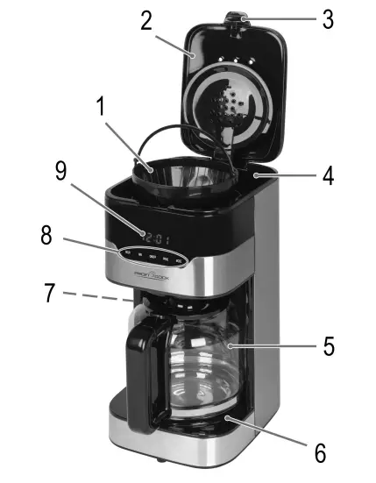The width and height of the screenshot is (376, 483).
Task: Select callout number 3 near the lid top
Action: click(x=327, y=19)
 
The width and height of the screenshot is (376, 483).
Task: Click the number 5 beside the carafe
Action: click(x=327, y=345)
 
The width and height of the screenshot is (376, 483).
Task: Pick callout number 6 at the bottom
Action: click(x=320, y=453)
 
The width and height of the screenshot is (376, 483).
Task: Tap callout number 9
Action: click(x=60, y=172)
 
